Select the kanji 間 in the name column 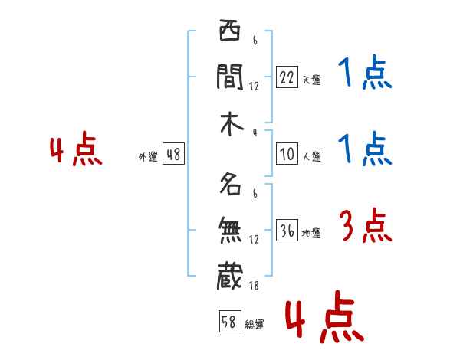[229, 76]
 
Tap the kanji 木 [229, 125]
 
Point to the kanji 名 [229, 185]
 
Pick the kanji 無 [229, 229]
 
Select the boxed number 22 [287, 77]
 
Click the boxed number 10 [287, 154]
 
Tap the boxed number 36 [287, 231]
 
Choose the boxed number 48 [173, 154]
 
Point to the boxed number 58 [229, 322]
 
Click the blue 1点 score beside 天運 [364, 75]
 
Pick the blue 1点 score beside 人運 [364, 149]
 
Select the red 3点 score [365, 227]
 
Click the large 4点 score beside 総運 [324, 319]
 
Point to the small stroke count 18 [254, 286]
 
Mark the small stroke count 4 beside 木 [254, 133]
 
